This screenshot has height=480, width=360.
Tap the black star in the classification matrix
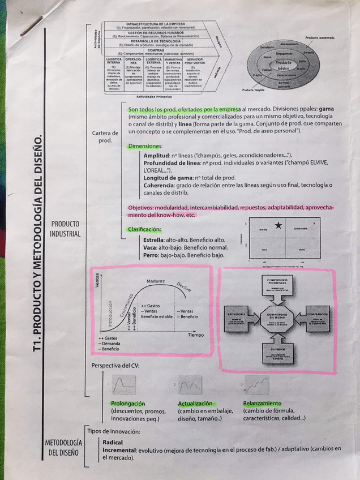click(x=278, y=226)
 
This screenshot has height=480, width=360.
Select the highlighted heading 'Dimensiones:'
click(x=145, y=146)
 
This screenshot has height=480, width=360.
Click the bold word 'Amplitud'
click(x=157, y=155)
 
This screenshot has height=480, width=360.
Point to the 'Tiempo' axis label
click(x=195, y=335)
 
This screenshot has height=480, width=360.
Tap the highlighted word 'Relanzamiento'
click(x=262, y=403)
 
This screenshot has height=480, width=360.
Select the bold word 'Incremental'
click(x=120, y=449)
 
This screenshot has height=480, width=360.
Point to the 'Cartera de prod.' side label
click(x=105, y=136)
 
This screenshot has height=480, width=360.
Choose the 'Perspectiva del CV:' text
click(x=115, y=365)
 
